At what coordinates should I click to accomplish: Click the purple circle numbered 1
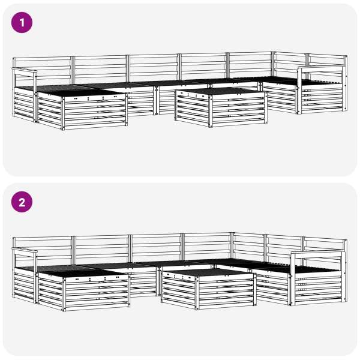(x=22, y=23)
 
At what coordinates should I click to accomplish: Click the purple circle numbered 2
(x=22, y=202)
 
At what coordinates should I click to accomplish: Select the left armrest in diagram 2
(x=25, y=250)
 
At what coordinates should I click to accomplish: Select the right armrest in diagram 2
(x=318, y=253)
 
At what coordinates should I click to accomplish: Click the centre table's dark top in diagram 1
(x=221, y=91)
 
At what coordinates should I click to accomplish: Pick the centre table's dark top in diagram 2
(x=208, y=272)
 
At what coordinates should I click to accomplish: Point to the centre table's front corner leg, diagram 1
(x=211, y=110)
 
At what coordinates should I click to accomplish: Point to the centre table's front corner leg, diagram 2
(x=197, y=292)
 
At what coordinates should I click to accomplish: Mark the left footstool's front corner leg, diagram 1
(x=63, y=113)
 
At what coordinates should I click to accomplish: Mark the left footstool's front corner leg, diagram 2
(x=64, y=293)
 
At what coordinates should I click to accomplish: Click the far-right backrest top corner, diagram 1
(x=346, y=56)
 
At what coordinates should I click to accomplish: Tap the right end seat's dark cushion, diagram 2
(x=317, y=269)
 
